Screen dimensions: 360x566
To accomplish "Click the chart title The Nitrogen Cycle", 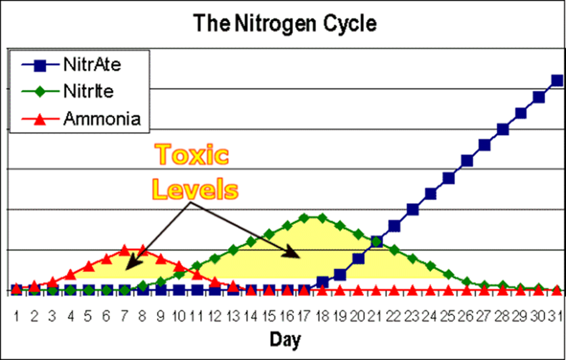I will coord(285,23).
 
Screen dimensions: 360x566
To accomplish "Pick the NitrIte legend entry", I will coord(88,91).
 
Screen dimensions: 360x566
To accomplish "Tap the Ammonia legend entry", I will coord(102,119).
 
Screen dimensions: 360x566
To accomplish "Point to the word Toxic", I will coord(192,155).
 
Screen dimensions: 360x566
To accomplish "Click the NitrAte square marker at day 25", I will coord(449,178).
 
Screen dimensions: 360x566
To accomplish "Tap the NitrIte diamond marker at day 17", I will coord(304,218).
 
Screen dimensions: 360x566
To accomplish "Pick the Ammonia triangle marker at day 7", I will coord(125,251).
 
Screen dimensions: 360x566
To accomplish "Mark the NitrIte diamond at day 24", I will coord(430,266).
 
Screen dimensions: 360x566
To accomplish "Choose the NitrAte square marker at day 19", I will coord(340,275).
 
